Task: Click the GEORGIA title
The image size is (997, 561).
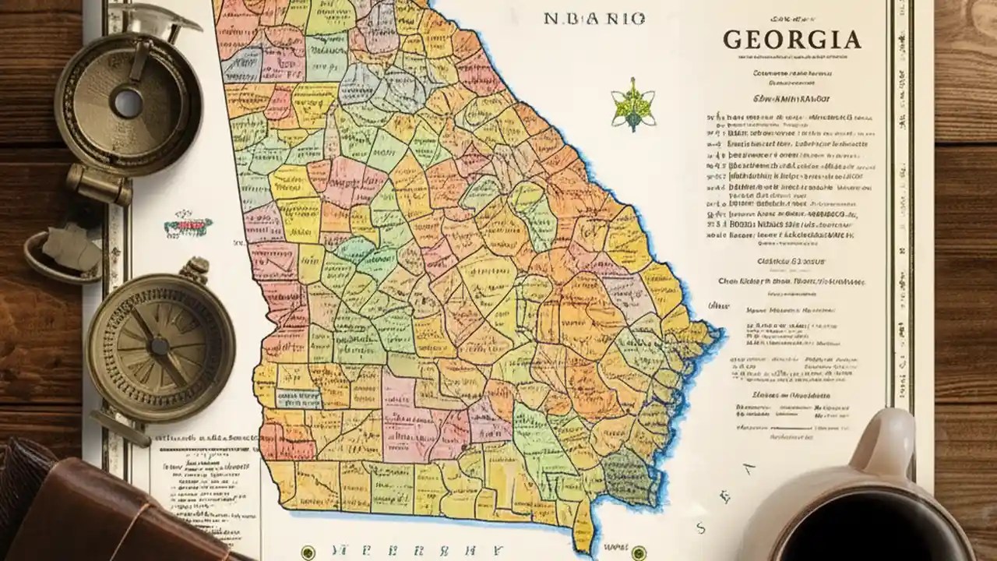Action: (792, 40)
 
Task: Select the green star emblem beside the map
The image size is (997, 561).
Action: (632, 106)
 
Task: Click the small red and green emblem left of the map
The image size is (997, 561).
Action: (187, 227)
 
